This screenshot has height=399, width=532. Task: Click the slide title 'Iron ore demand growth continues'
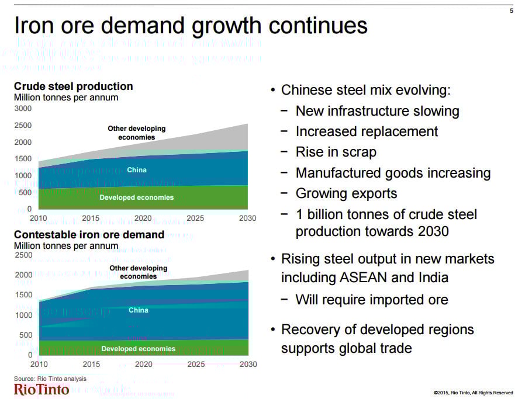191,26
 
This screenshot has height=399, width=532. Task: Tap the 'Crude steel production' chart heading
73,86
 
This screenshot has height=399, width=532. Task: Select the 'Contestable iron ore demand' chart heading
89,235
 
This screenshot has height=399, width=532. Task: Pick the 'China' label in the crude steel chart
136,170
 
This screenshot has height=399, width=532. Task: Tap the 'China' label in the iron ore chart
138,310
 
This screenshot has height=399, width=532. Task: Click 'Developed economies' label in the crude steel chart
136,197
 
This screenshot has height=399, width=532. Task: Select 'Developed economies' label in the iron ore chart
138,349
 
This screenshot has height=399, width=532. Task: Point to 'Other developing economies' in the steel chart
136,133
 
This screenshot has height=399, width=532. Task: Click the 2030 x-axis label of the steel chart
247,218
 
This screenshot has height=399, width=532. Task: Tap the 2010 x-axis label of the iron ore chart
39,365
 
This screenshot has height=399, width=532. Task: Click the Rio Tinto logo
41,390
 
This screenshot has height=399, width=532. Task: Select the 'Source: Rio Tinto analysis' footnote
50,379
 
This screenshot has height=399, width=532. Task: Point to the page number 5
512,11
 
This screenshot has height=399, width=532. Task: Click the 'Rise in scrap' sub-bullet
336,152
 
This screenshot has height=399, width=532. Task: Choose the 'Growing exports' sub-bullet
346,193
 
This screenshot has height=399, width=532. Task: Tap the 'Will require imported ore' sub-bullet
371,300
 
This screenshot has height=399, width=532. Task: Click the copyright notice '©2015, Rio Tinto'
473,393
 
